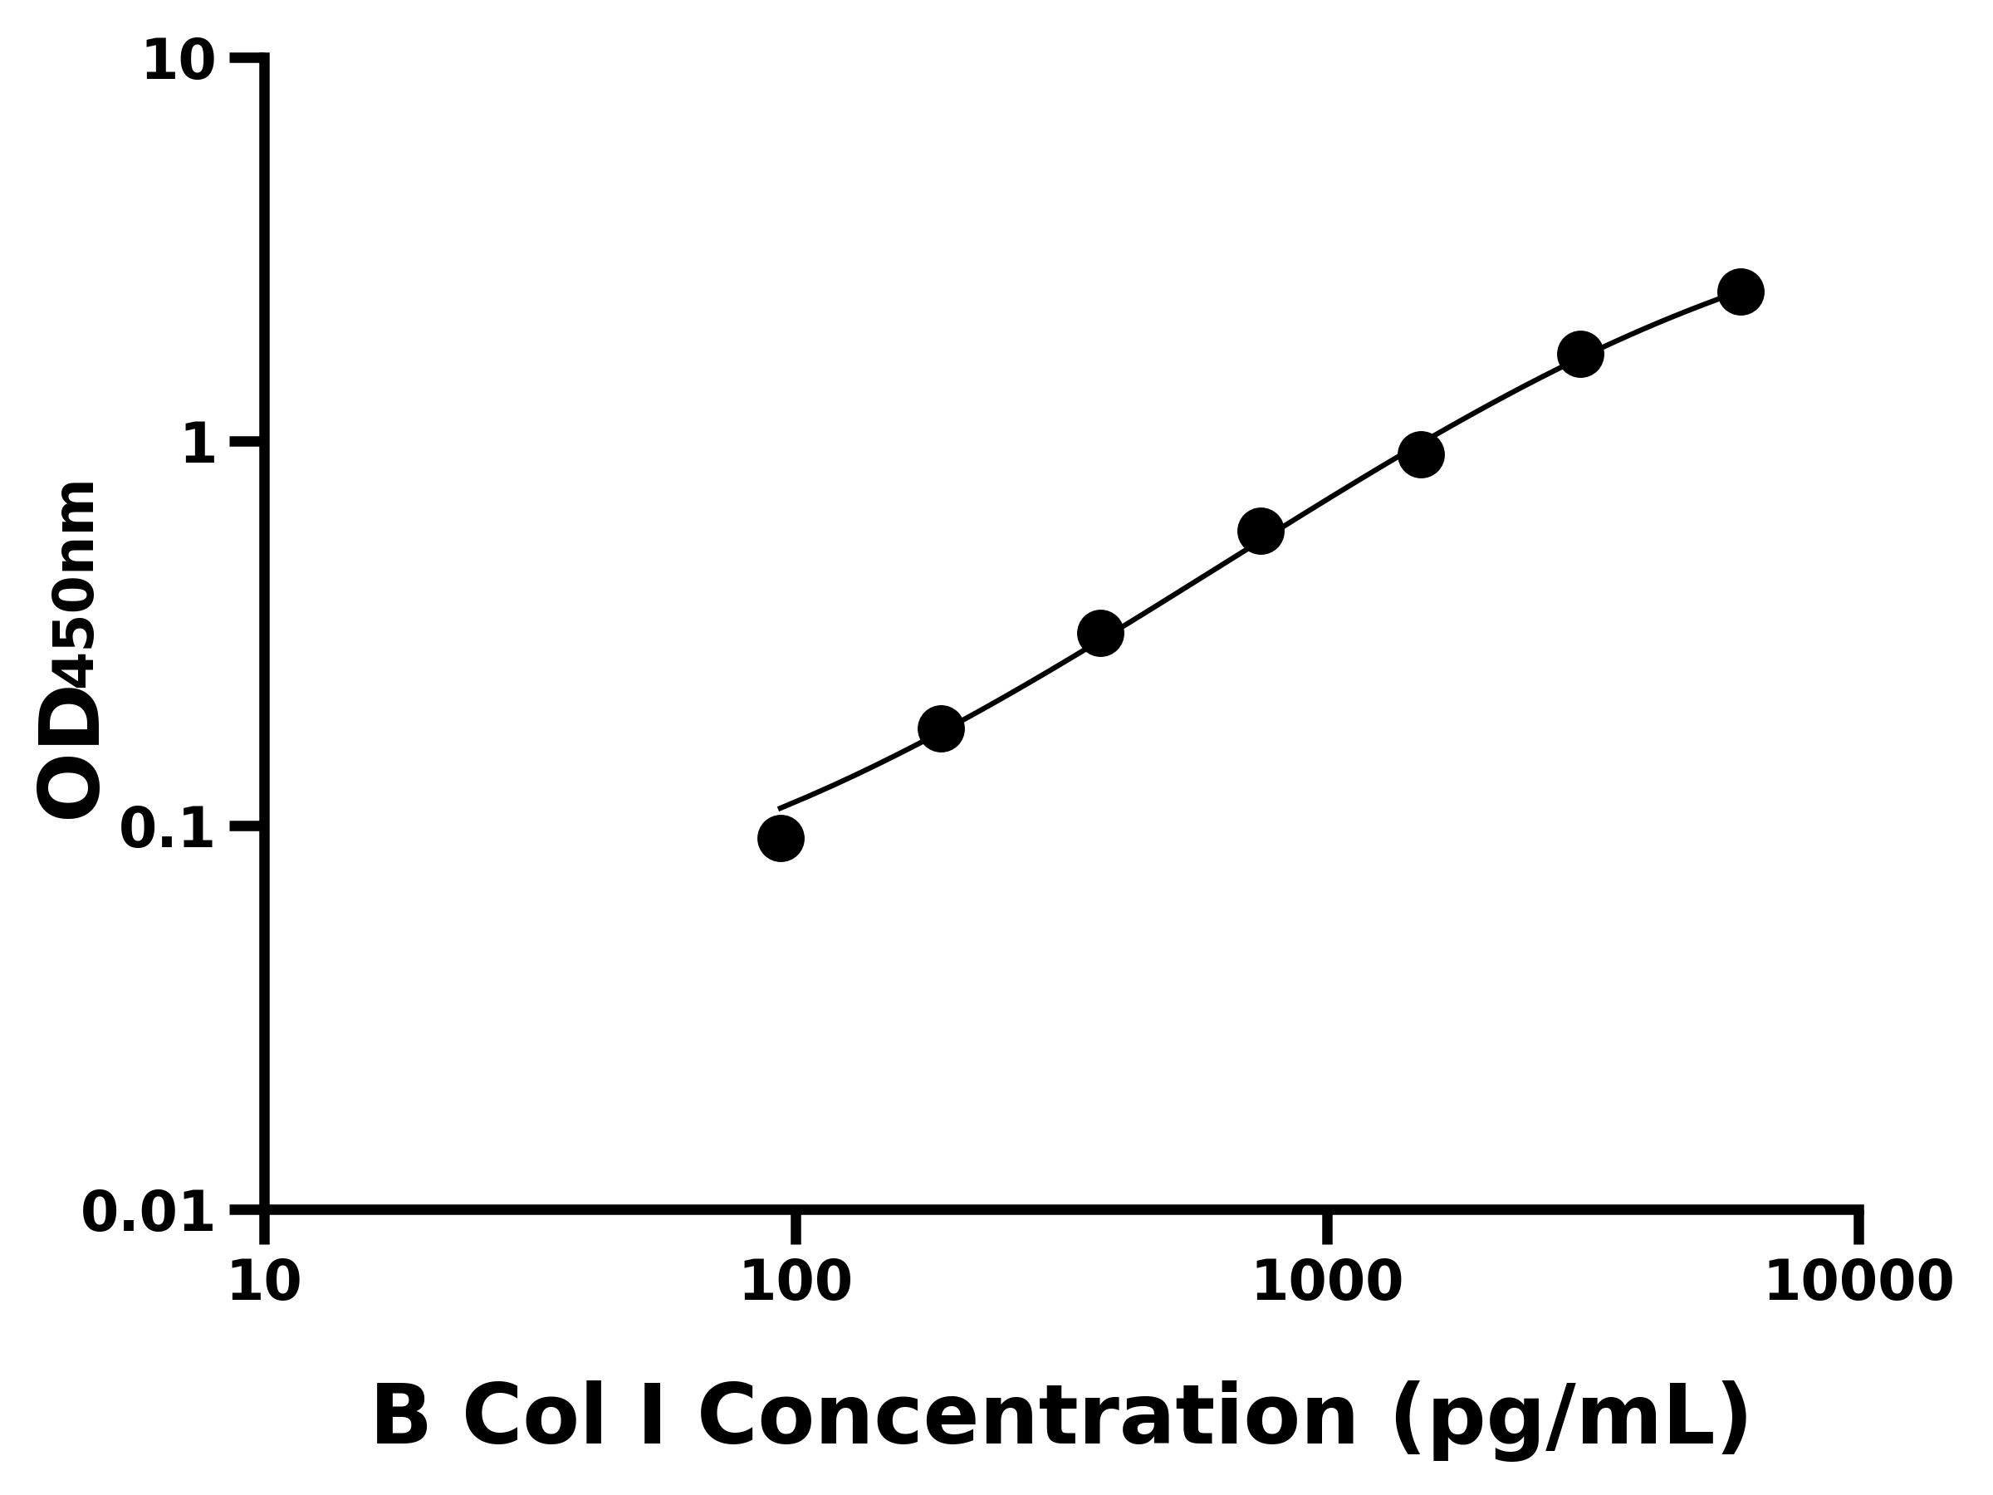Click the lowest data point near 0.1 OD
[781, 839]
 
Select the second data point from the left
[941, 728]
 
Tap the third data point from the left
[1100, 635]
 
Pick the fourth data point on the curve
[1261, 532]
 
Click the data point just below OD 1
[1421, 455]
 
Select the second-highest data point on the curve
[1580, 354]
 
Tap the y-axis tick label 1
[199, 445]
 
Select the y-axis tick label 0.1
[168, 829]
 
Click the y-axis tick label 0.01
[149, 1213]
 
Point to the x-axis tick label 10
[264, 1283]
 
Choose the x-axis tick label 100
[796, 1283]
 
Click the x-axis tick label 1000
[1327, 1283]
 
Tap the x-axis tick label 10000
[1858, 1283]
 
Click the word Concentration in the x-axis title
[1027, 1419]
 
